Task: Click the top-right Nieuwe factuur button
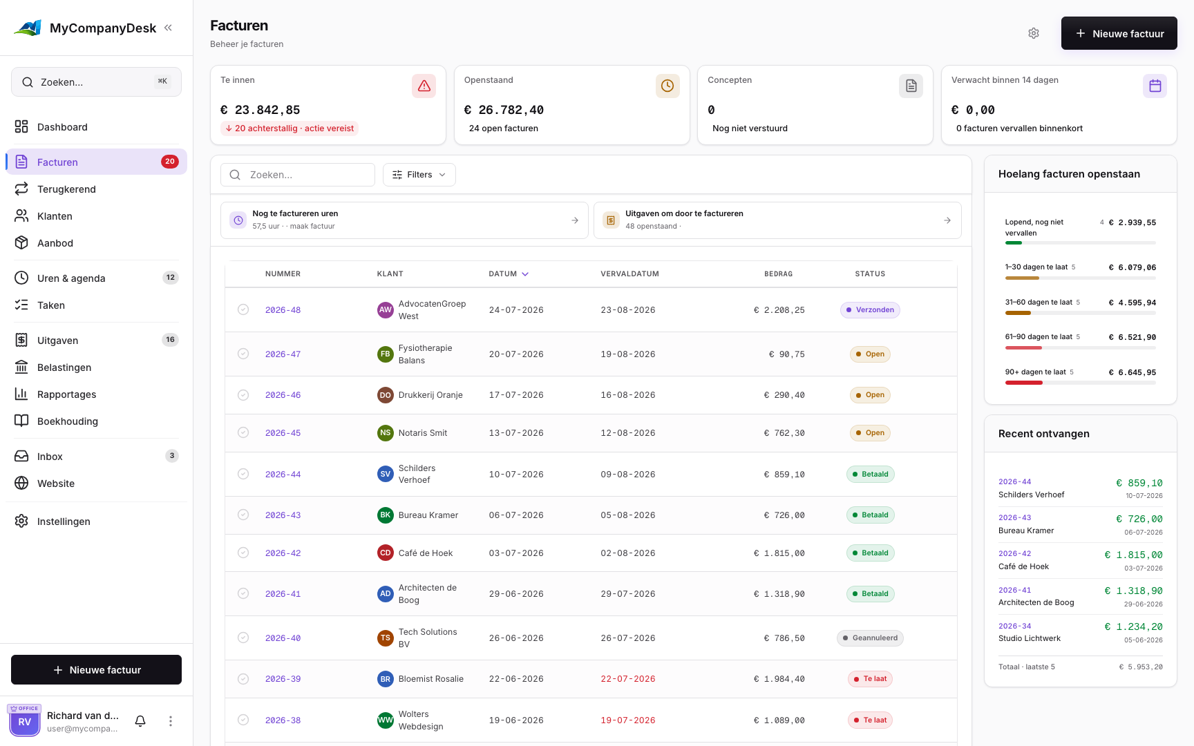tap(1119, 33)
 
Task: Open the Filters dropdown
tap(419, 175)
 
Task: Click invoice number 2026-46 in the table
tap(283, 395)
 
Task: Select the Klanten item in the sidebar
tap(55, 216)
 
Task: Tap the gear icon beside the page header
tap(1034, 33)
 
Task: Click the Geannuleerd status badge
tap(870, 638)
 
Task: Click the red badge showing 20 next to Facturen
tap(170, 162)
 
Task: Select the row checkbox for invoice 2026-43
tap(243, 515)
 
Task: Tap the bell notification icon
tap(140, 721)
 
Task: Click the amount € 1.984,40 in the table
tap(779, 679)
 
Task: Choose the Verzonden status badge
tap(870, 310)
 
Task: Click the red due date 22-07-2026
tap(628, 679)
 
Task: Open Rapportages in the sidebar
tap(66, 394)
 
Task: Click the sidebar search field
tap(96, 82)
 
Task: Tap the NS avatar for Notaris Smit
tap(386, 433)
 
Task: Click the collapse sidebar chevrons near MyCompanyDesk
tap(168, 28)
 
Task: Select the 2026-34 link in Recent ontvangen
tap(1015, 627)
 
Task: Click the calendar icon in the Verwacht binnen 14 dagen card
tap(1155, 86)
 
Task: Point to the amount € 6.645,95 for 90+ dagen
tap(1133, 372)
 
